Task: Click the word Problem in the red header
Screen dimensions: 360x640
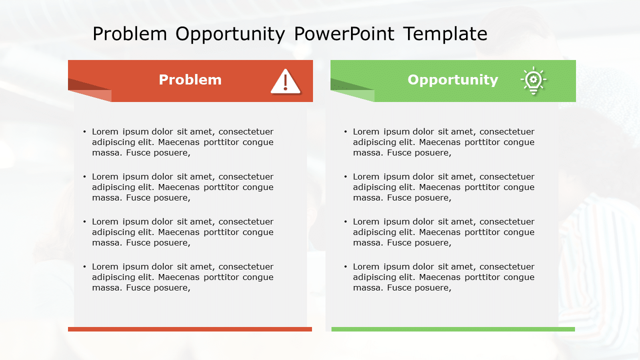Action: point(190,80)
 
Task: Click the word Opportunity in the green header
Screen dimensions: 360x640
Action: point(452,80)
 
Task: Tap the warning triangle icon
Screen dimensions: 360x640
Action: point(285,82)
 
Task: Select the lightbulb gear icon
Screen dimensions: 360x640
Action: point(533,80)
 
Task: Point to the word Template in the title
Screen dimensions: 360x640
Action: point(445,34)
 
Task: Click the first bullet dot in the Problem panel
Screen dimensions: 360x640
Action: point(84,132)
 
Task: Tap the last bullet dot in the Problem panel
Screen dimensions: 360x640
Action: point(84,267)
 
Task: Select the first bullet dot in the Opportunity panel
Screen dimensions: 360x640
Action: point(345,132)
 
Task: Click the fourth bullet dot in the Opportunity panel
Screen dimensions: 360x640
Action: point(345,267)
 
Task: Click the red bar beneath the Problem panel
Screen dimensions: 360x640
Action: point(190,329)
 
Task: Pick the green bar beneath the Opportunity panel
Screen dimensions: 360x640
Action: point(453,329)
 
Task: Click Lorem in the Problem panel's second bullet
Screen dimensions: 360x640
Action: point(105,176)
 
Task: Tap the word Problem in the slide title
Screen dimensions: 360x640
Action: point(129,34)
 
